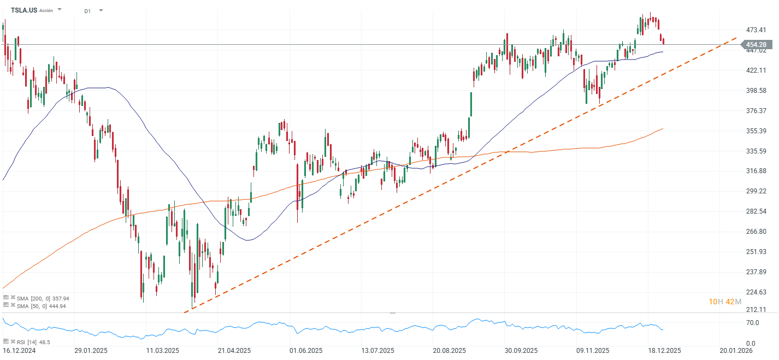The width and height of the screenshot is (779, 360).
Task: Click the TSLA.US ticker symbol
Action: point(23,10)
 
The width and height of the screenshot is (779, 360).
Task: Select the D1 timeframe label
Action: point(87,10)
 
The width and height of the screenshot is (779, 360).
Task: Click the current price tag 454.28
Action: point(757,45)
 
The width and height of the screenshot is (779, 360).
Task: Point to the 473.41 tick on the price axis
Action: point(756,29)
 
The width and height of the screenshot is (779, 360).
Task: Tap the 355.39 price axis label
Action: point(756,131)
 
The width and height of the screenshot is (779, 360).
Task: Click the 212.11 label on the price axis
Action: point(756,309)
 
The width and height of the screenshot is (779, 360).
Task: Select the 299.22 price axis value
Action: point(756,191)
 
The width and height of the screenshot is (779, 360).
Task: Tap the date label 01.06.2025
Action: point(306,351)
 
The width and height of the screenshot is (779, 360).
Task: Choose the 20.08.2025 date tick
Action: point(450,351)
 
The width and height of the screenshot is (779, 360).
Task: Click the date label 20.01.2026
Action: point(736,351)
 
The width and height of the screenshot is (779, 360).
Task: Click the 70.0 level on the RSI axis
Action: point(753,323)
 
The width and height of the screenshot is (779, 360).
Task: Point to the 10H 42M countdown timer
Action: point(724,302)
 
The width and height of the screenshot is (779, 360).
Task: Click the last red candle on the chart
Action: point(663,41)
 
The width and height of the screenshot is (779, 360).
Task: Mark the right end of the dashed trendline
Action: point(735,39)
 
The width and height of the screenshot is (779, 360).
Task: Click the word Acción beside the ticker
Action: point(46,10)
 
